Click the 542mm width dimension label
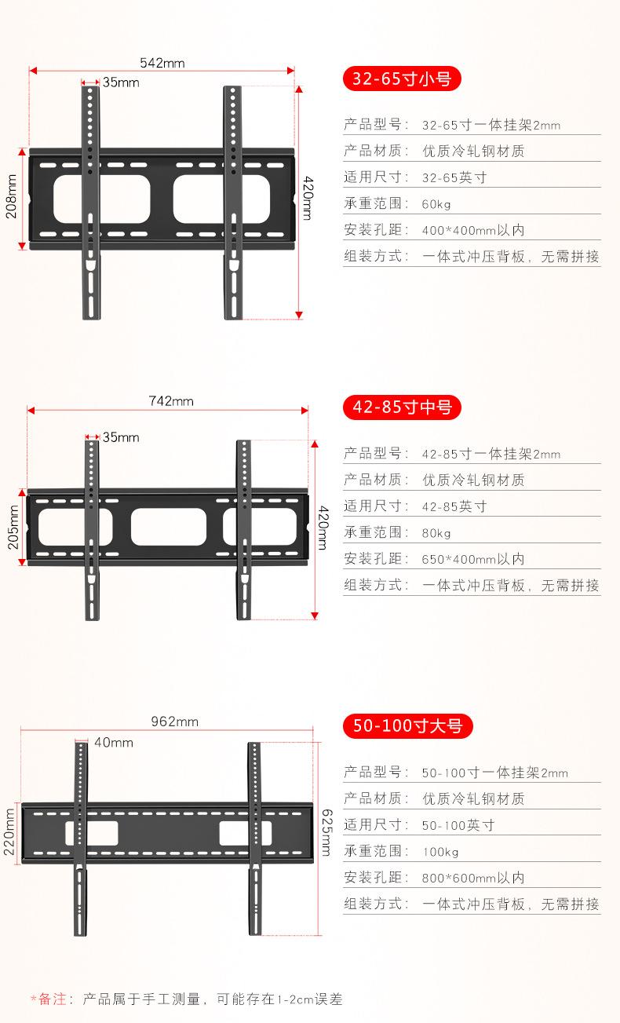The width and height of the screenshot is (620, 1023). point(162,63)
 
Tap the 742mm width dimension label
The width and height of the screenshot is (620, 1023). point(171,401)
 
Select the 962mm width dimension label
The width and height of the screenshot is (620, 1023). point(174,722)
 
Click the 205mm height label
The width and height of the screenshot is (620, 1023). point(13,527)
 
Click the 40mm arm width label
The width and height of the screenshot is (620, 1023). point(114,743)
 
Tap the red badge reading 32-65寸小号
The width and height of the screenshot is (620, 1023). point(401,79)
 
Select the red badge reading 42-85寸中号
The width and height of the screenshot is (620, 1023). point(402,407)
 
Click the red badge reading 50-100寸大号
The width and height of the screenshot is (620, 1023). point(408,726)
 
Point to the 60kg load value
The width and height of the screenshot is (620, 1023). point(436,204)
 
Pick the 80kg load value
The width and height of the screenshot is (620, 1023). point(436,533)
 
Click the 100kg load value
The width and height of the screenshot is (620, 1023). point(439,852)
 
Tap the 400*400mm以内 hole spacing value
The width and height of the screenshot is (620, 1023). point(472,230)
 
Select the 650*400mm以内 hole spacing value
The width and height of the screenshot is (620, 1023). point(472,559)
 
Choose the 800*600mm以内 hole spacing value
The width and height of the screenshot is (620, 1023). point(472,878)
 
